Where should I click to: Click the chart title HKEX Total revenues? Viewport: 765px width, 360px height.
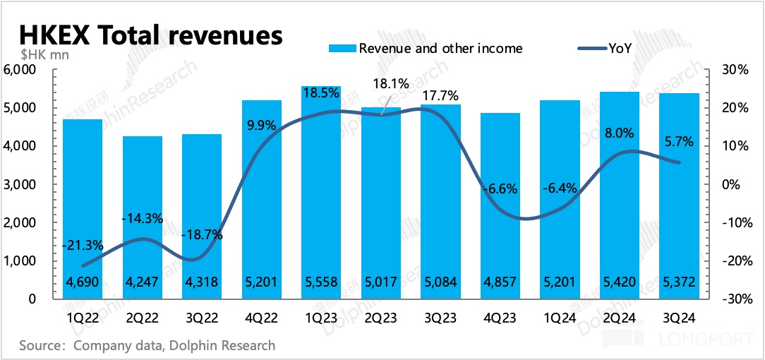pos(150,35)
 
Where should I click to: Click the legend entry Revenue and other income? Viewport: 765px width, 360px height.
pos(440,49)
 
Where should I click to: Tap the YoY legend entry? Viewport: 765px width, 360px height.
pos(620,49)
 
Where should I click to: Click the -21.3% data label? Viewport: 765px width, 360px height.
pos(83,246)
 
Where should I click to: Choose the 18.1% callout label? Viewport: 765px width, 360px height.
pos(391,84)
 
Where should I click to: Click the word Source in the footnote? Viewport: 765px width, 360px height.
pos(42,346)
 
